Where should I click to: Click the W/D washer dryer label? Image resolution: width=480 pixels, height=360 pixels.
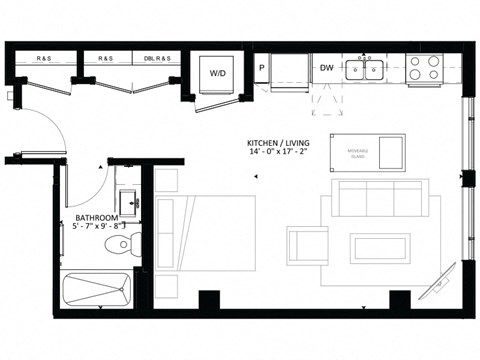point(217,73)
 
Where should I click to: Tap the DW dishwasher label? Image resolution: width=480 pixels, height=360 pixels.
point(326,68)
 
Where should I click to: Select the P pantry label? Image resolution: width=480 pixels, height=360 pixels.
point(261,68)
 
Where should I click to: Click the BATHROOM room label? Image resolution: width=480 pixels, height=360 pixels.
point(97,218)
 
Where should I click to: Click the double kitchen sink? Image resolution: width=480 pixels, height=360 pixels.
point(366,69)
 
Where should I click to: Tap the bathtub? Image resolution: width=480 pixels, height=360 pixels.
point(97,293)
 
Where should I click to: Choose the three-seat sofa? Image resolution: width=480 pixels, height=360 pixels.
point(378,198)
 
